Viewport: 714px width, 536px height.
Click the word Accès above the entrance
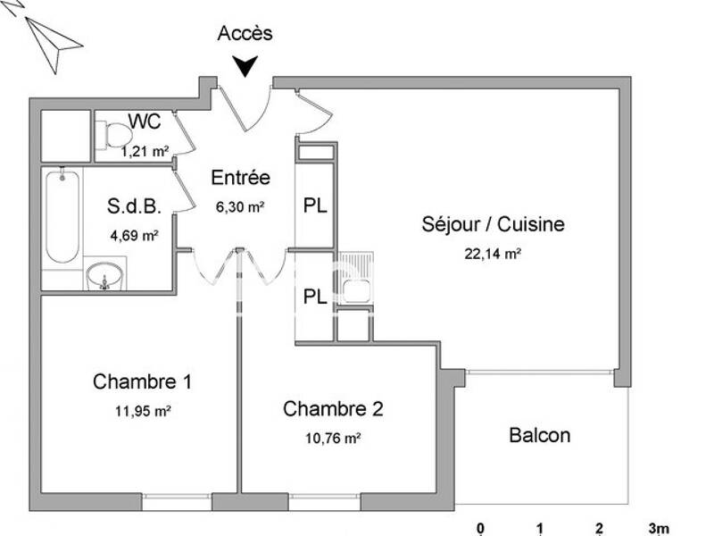click(245, 34)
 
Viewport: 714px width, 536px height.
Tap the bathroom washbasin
click(105, 276)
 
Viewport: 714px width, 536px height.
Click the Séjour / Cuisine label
click(493, 224)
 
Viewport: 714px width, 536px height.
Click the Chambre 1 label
click(142, 382)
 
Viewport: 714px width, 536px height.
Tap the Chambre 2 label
click(333, 409)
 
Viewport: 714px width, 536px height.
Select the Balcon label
click(539, 436)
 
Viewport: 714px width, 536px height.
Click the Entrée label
click(240, 178)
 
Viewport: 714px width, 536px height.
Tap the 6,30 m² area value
click(240, 206)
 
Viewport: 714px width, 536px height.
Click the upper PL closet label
click(315, 205)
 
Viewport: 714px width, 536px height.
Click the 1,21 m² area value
click(145, 151)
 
